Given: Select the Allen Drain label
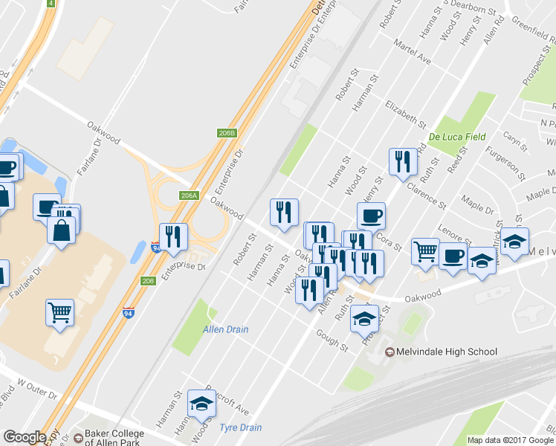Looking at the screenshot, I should coord(226,329).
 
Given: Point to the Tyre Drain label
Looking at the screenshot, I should coord(241,427).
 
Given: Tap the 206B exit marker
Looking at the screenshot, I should coord(227,133).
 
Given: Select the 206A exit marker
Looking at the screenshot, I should coord(190,195).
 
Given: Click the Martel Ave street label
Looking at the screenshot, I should coord(416,52).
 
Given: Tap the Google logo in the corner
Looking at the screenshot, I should coord(25,437).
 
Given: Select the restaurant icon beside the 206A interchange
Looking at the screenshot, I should coord(173,236).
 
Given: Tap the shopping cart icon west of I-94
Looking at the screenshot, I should coord(59,313).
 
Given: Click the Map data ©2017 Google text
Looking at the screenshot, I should coord(511,440).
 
